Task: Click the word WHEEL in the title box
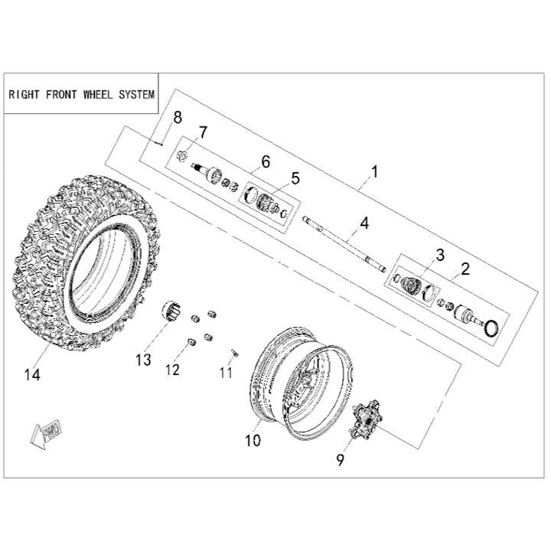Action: (98, 95)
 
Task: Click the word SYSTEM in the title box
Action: (137, 95)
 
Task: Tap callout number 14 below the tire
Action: (32, 375)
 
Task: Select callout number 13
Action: (143, 360)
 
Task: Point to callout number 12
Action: (172, 370)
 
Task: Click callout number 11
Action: (226, 373)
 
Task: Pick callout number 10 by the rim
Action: (253, 440)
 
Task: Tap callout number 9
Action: (340, 460)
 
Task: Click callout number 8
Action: (178, 118)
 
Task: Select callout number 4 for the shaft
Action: (364, 223)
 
